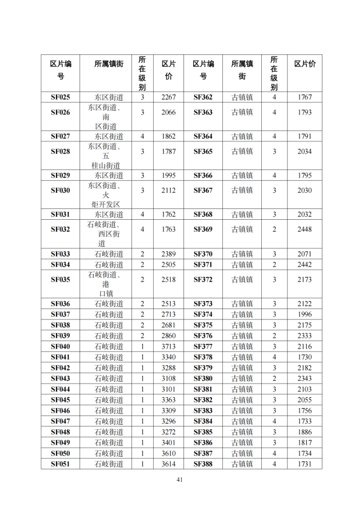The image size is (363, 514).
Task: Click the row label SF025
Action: (60, 97)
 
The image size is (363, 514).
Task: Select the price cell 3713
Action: (169, 347)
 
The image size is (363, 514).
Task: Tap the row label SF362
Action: (202, 97)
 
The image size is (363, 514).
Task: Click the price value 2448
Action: (305, 230)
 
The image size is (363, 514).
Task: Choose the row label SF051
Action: (60, 464)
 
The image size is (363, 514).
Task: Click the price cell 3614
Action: (169, 464)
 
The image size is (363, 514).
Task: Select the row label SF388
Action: (202, 464)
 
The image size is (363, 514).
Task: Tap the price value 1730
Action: (305, 357)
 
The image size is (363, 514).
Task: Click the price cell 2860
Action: (169, 336)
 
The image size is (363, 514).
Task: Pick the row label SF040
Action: (60, 347)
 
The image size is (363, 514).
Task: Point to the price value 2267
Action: (169, 97)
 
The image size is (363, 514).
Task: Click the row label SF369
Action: (202, 230)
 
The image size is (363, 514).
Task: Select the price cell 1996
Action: (305, 314)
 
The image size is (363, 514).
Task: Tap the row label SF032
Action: (60, 230)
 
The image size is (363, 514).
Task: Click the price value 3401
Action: (169, 442)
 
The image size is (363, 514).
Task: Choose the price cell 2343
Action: (305, 378)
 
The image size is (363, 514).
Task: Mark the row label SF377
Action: (202, 347)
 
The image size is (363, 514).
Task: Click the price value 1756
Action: (305, 410)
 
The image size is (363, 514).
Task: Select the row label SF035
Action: (60, 279)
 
